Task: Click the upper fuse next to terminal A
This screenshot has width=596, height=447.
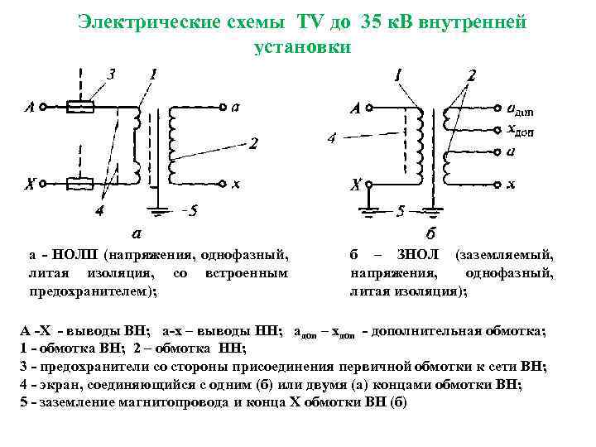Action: coord(79,107)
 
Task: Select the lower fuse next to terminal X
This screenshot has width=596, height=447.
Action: coord(79,185)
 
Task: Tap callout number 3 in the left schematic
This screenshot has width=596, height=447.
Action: coord(111,74)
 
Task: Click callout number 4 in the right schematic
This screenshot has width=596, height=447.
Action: coord(331,138)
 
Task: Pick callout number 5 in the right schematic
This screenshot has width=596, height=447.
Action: coord(401,211)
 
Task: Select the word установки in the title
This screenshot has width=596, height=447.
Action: coord(302,47)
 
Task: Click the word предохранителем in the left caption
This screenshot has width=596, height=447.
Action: coord(90,291)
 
